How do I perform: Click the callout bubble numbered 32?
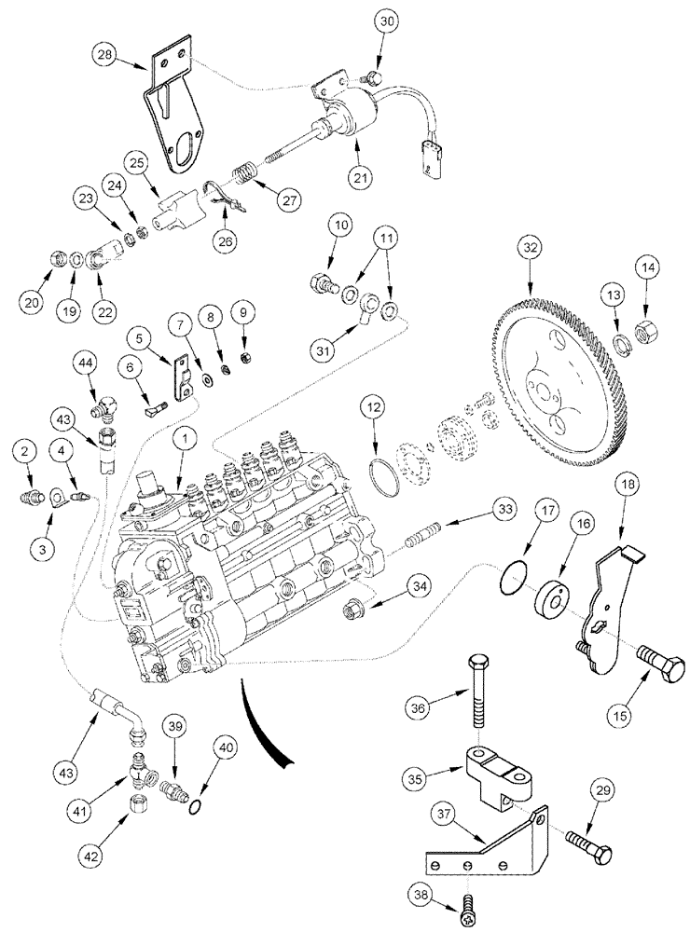click(x=531, y=250)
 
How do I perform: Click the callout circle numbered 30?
click(x=386, y=20)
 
